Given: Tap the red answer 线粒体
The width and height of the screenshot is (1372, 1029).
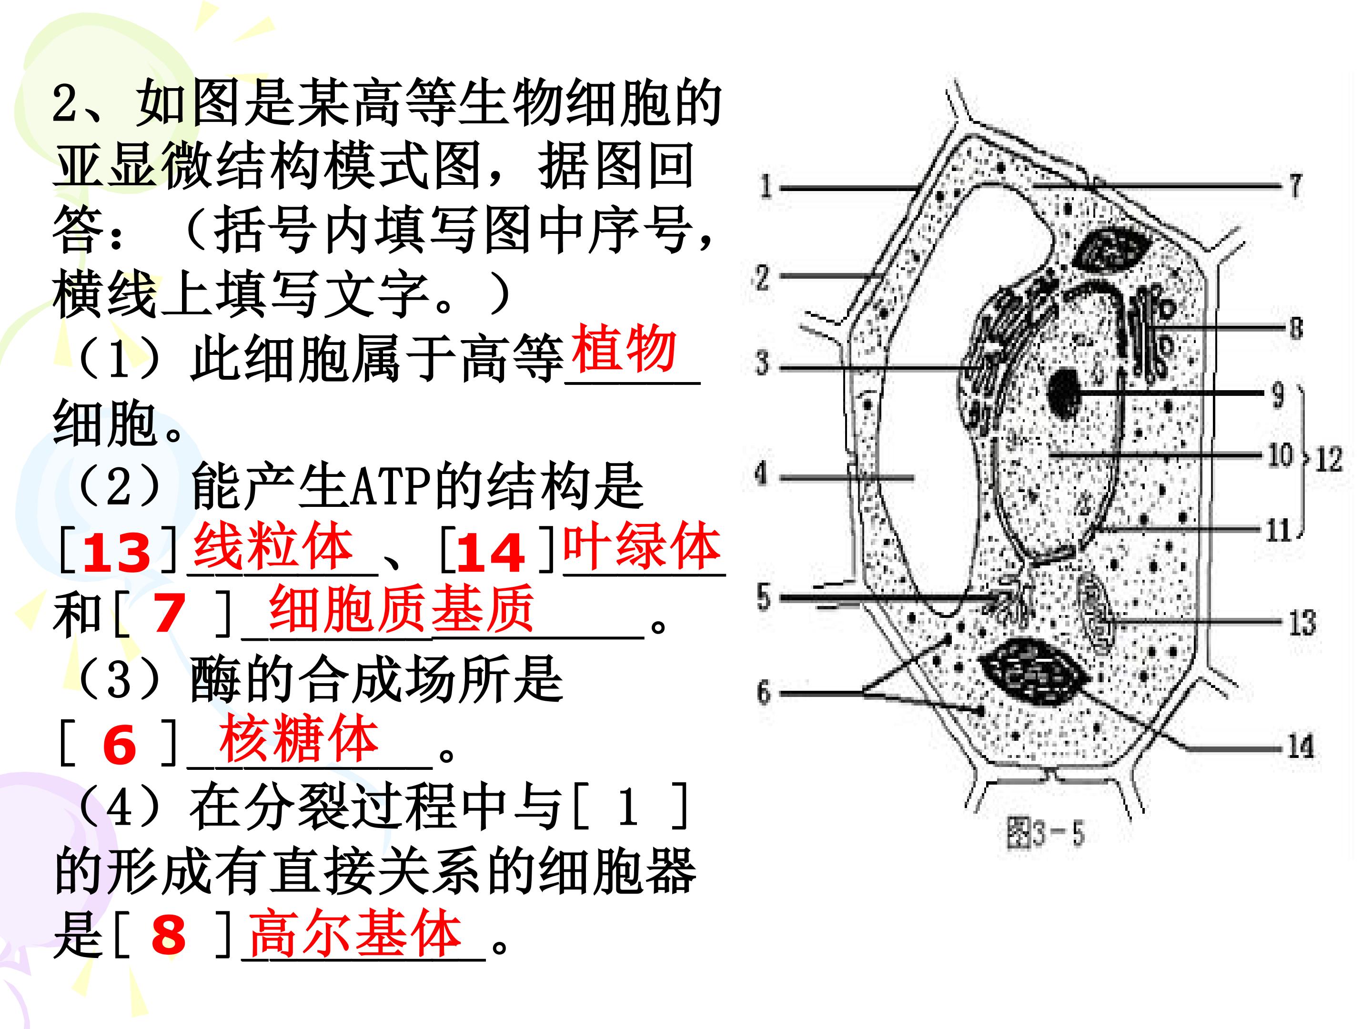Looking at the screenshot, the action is [x=273, y=546].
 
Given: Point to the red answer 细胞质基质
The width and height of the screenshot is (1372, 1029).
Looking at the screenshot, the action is [x=401, y=609].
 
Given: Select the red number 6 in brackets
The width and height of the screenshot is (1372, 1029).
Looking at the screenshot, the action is [x=119, y=746].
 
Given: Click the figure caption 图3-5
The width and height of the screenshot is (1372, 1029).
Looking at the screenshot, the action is [x=1046, y=833].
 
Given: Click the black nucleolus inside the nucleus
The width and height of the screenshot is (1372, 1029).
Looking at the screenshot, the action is [x=1066, y=393].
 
